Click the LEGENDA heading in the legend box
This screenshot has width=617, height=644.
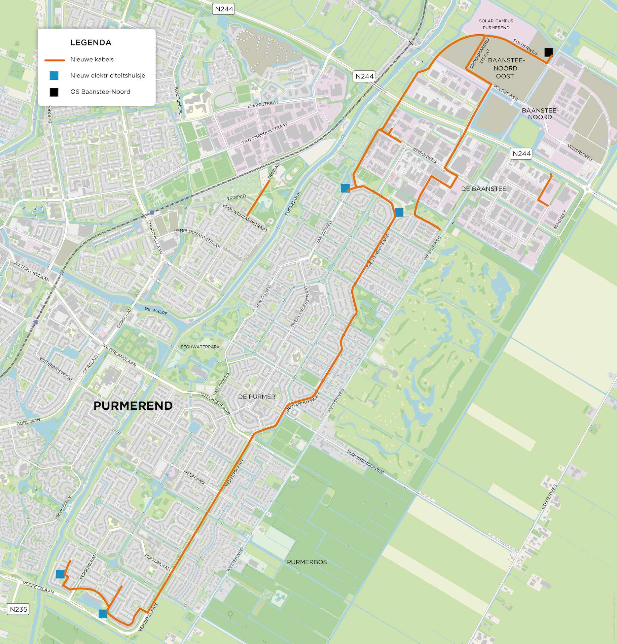[91, 42]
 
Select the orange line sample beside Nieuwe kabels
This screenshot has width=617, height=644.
[55, 60]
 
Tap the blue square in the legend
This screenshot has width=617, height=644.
[54, 76]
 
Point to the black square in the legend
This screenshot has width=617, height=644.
[54, 92]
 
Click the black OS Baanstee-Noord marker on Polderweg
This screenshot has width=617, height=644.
[548, 52]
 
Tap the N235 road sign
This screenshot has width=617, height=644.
[19, 609]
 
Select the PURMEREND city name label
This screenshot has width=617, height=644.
[133, 406]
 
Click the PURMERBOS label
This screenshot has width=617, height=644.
[306, 562]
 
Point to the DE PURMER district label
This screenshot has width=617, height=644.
[257, 397]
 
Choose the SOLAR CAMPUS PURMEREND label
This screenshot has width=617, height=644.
[496, 24]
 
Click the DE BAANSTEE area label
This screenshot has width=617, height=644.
[483, 189]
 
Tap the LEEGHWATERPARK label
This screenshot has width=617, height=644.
[198, 347]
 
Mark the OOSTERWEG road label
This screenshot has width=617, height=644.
[549, 496]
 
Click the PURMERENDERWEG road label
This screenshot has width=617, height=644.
[365, 462]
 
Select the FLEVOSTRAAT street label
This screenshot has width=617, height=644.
[263, 104]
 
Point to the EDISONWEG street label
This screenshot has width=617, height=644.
[425, 156]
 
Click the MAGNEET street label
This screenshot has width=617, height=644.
[560, 219]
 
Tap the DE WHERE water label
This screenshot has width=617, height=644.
[156, 311]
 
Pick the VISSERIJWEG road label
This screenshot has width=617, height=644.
[580, 152]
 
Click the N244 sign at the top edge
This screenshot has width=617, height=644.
[224, 9]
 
